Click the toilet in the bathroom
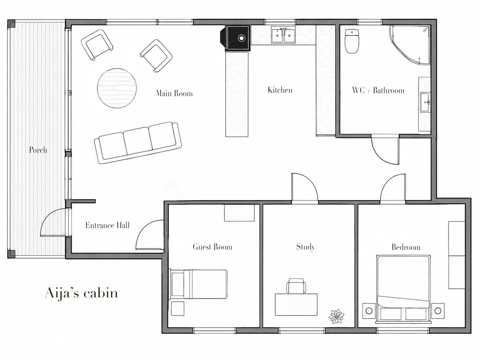click(352, 41)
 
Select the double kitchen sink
click(283, 35)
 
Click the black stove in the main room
click(235, 38)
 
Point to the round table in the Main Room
click(117, 88)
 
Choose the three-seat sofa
click(138, 143)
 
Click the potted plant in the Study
click(336, 316)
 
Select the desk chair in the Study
click(296, 286)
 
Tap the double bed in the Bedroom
click(403, 289)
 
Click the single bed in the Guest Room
click(198, 284)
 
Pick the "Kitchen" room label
click(280, 90)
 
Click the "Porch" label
click(38, 150)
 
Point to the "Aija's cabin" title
click(81, 293)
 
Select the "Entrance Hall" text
click(107, 225)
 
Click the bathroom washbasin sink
click(425, 102)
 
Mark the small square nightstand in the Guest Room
click(178, 308)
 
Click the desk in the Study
click(296, 305)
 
